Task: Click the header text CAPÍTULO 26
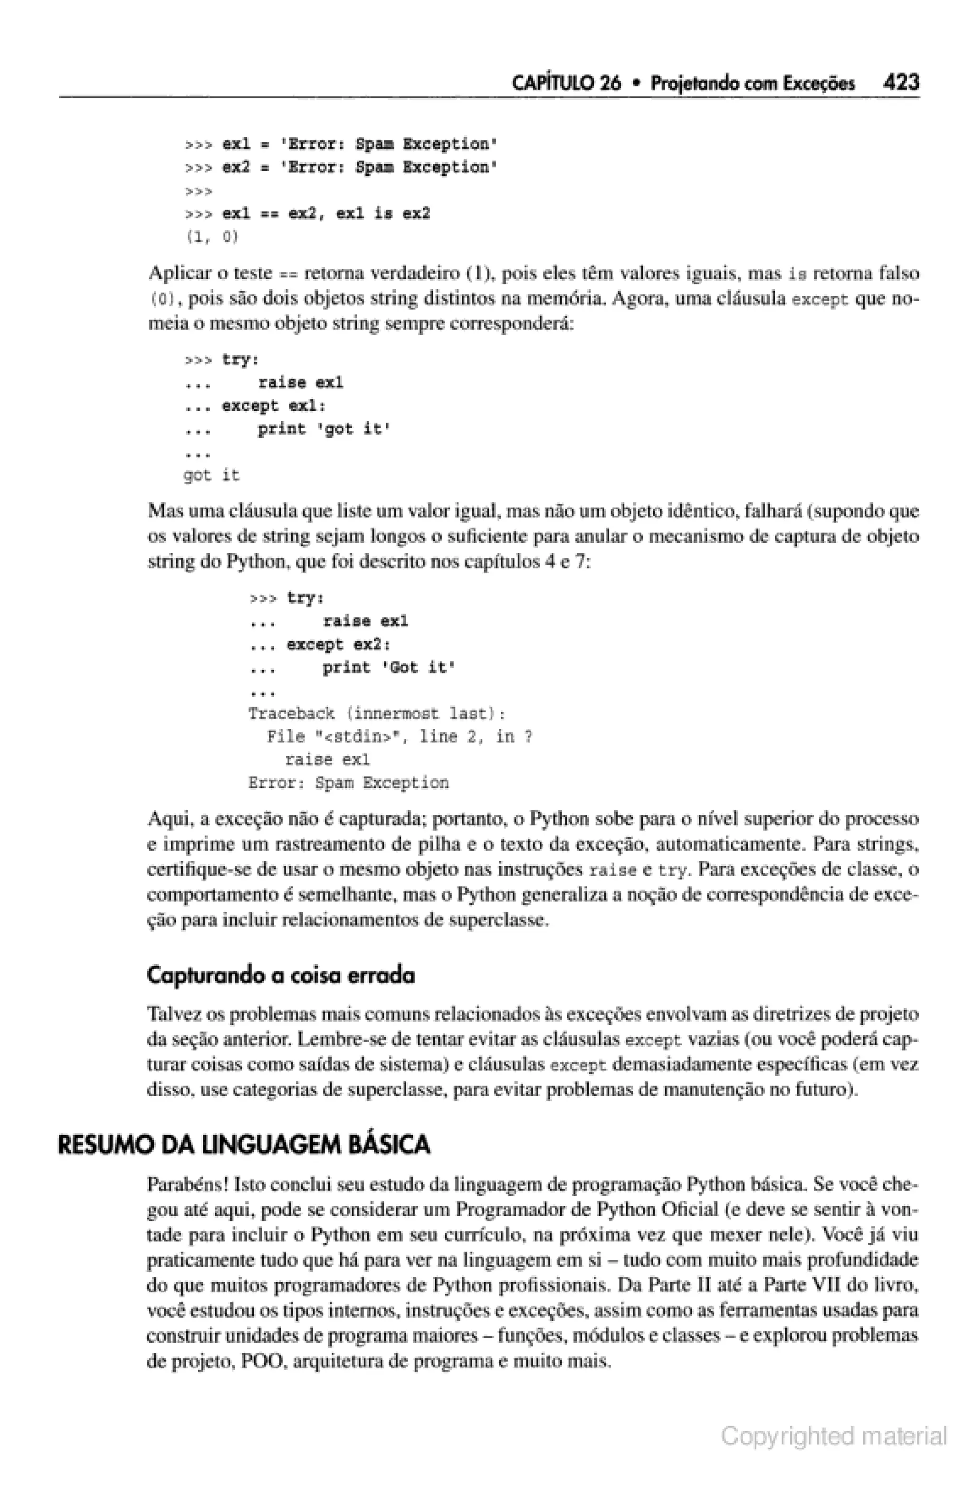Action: [x=565, y=83]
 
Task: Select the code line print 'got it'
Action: [x=324, y=429]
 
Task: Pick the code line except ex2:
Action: [x=338, y=644]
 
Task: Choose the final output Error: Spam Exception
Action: [x=348, y=783]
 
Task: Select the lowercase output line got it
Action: [x=211, y=475]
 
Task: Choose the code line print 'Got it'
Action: [x=388, y=668]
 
